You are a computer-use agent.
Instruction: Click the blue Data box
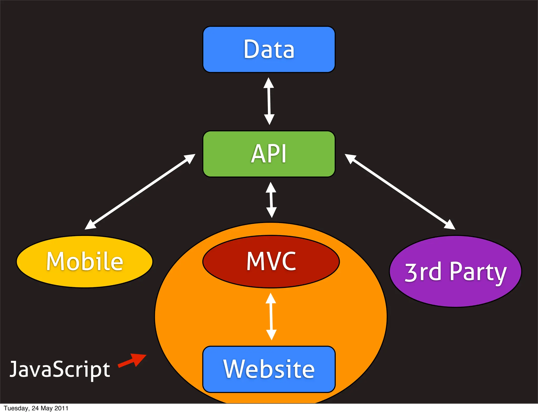[269, 49]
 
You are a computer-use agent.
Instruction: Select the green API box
[269, 154]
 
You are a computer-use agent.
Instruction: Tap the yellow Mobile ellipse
[85, 261]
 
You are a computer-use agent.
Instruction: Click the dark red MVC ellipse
[271, 261]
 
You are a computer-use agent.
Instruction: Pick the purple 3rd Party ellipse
[455, 271]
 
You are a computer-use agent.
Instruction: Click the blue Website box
[269, 369]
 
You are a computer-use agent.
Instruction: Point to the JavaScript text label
[60, 369]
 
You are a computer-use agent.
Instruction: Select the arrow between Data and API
[269, 101]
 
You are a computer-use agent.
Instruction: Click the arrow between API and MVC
[271, 200]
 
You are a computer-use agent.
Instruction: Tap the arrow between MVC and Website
[271, 317]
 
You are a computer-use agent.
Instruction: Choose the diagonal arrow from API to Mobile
[140, 192]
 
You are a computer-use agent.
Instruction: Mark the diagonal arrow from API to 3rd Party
[400, 192]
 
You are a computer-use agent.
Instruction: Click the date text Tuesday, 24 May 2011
[36, 408]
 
